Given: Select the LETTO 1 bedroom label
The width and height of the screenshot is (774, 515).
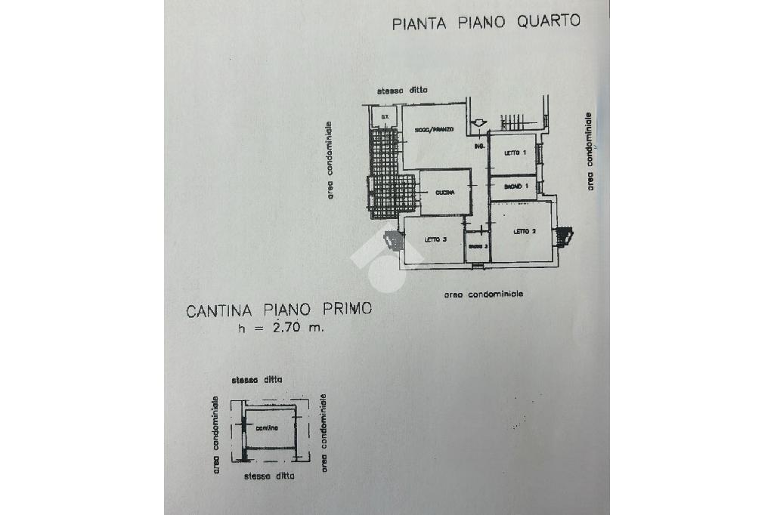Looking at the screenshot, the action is (515, 153).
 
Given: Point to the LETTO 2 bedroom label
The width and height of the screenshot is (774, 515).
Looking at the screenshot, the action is (525, 232).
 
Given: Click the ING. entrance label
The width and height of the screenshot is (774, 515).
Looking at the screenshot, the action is (478, 146).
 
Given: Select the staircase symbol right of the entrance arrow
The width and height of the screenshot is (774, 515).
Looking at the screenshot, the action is (512, 122).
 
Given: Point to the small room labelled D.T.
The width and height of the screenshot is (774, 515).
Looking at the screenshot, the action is (384, 116).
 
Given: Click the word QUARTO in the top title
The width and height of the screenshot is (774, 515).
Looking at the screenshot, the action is (548, 21).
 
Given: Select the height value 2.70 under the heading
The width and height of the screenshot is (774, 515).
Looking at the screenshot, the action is (288, 329).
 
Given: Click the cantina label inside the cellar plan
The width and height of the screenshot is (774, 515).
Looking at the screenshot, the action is (266, 428).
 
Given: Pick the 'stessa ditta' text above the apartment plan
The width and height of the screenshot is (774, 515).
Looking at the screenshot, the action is (403, 90).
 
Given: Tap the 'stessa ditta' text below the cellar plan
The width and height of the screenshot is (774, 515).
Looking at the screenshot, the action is (268, 476).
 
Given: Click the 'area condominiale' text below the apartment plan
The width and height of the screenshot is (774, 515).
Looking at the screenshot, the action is (484, 294).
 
